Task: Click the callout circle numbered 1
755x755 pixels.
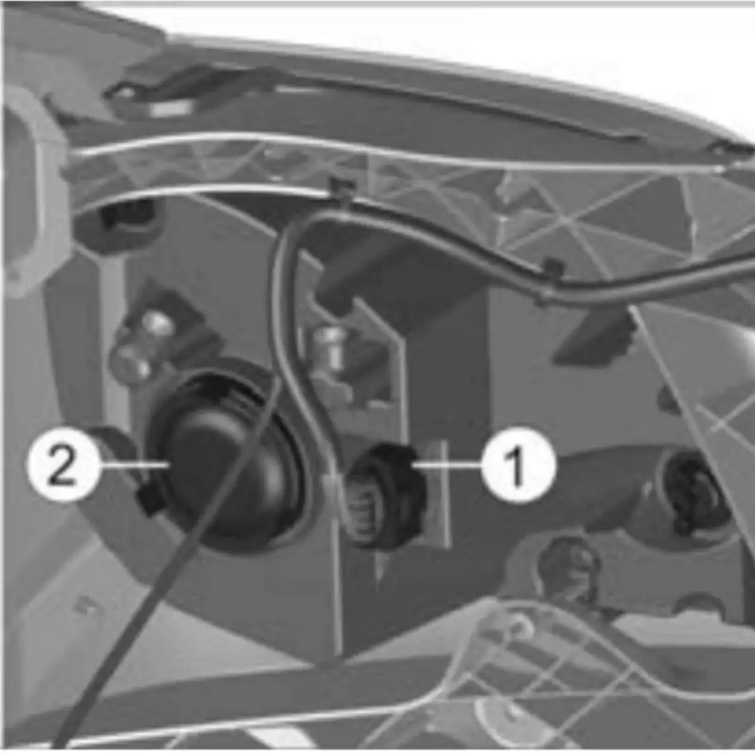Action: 518,465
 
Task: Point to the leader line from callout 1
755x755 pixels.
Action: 446,465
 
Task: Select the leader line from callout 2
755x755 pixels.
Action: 134,465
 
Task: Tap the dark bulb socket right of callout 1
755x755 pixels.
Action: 693,491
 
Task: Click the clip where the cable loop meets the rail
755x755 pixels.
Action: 342,188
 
